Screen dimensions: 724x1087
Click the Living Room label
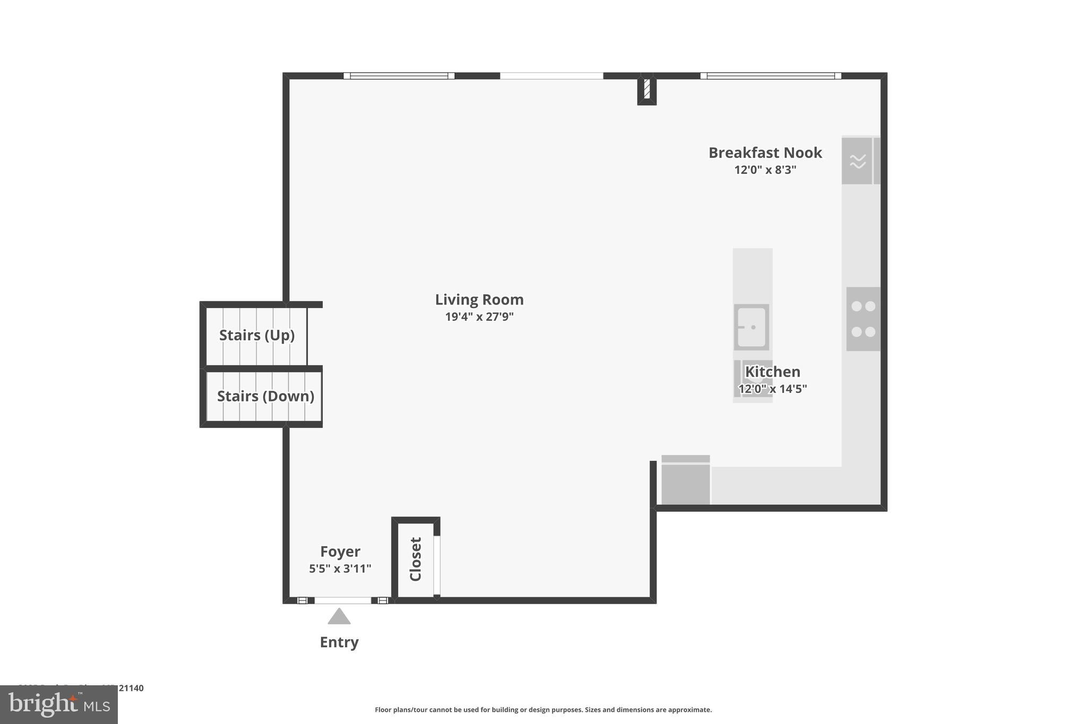(x=479, y=300)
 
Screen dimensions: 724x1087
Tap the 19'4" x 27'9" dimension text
(x=479, y=317)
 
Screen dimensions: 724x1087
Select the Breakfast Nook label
(x=765, y=153)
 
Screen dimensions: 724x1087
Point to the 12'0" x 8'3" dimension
(x=765, y=170)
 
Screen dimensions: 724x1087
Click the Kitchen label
(x=772, y=371)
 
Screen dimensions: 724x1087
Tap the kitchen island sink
(x=751, y=327)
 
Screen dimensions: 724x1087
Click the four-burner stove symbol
(x=863, y=319)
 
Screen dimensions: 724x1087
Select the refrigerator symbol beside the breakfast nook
(x=857, y=161)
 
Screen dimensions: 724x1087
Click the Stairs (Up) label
(x=257, y=335)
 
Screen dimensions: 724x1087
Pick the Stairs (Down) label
(x=265, y=396)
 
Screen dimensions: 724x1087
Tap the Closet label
(x=416, y=559)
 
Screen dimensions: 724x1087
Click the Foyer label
(x=340, y=552)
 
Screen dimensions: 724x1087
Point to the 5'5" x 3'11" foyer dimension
(x=340, y=569)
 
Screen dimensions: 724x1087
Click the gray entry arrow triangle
(x=339, y=617)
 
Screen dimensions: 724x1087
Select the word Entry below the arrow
(x=339, y=642)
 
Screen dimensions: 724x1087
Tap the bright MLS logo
(x=58, y=705)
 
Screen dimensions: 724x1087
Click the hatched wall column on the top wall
(x=646, y=89)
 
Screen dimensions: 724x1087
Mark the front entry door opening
(x=343, y=600)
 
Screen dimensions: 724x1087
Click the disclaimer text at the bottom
(x=543, y=710)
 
